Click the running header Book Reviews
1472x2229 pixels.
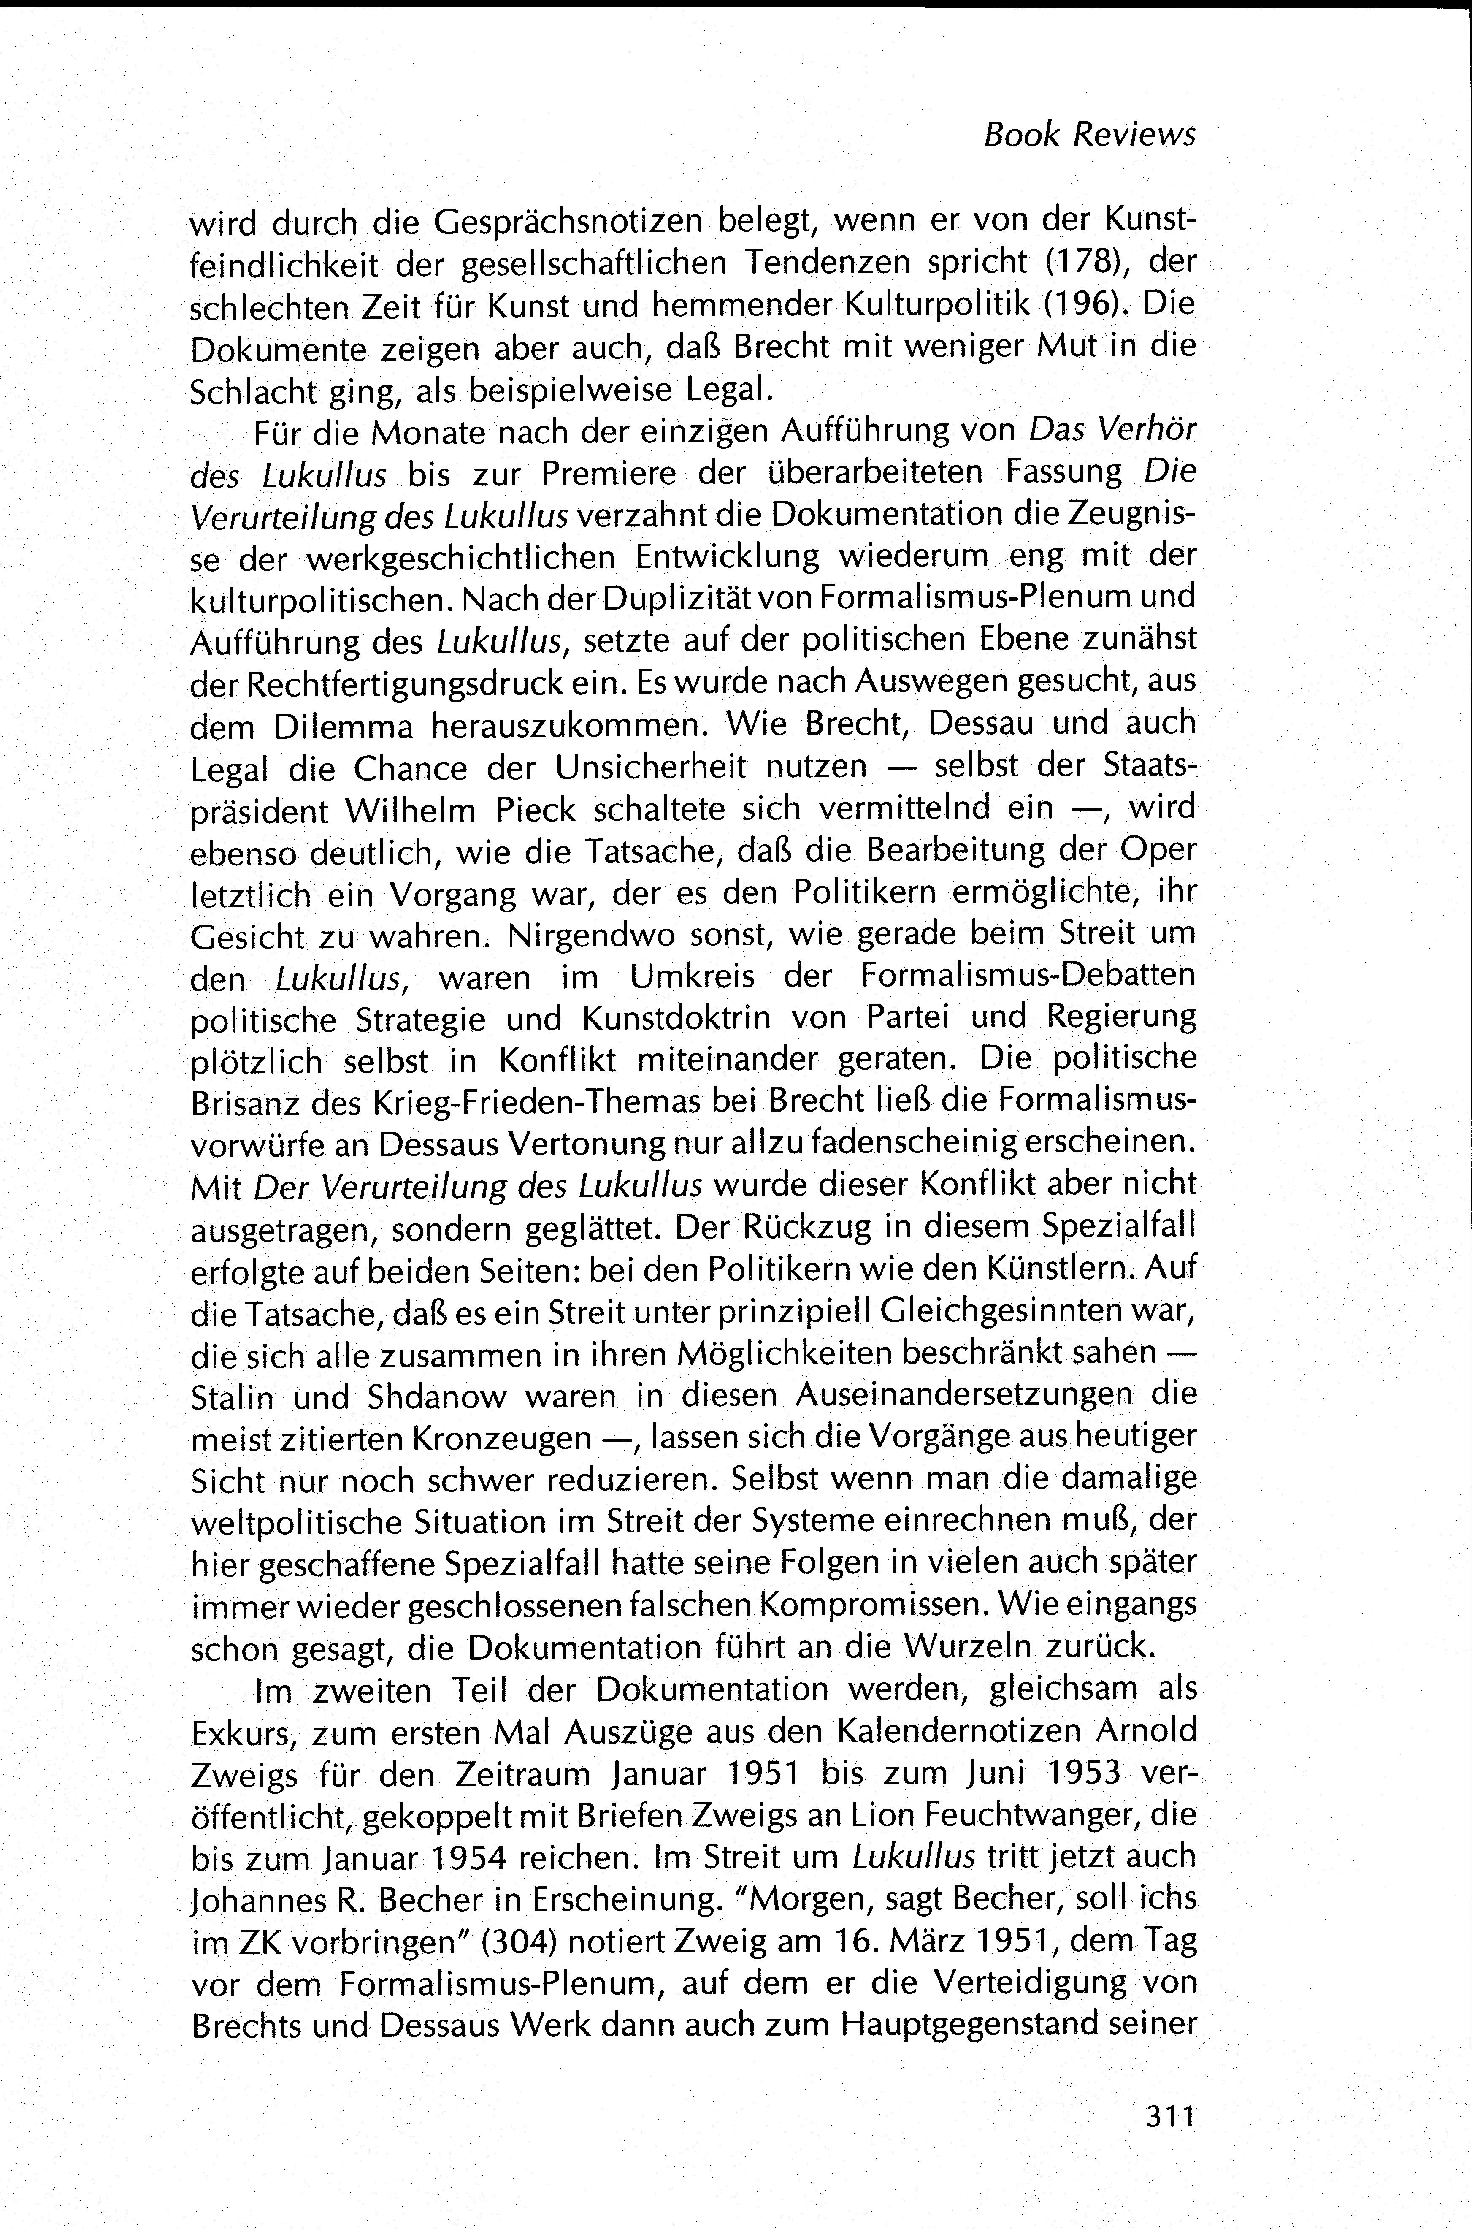point(1089,135)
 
